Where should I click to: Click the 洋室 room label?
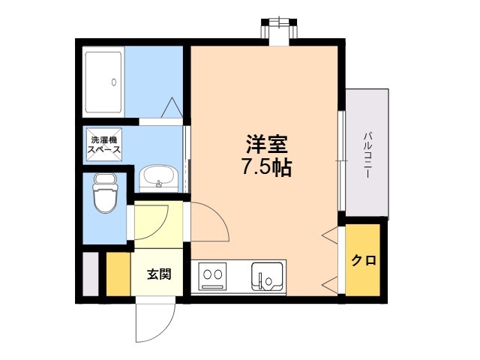tap(267, 144)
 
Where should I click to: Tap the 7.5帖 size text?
tap(267, 167)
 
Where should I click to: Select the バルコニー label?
tap(367, 155)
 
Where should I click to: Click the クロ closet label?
tap(363, 260)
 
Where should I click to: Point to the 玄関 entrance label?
tap(159, 274)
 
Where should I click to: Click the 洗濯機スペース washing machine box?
tap(104, 145)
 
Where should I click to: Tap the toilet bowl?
tap(105, 193)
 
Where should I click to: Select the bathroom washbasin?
tap(158, 178)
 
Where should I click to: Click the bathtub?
tap(103, 82)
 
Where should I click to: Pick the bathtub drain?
tap(114, 82)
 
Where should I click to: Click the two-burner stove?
tap(212, 276)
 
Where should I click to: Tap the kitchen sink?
tap(267, 276)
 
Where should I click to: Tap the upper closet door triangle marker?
tap(331, 235)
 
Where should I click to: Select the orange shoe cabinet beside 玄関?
tap(118, 274)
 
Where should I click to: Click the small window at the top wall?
tap(279, 31)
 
